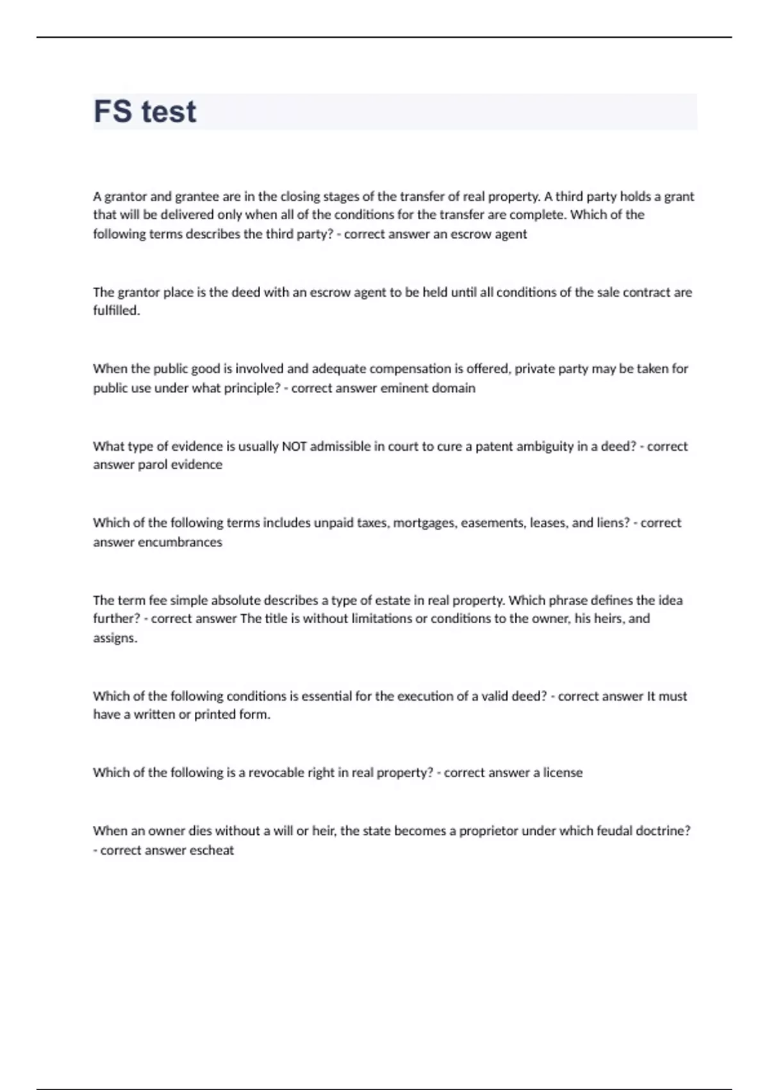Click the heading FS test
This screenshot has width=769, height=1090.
tap(145, 112)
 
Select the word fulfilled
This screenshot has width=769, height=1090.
tap(116, 311)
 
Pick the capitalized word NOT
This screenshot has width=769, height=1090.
tap(294, 447)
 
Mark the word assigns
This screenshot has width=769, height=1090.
tap(115, 639)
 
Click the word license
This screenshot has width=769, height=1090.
tap(563, 773)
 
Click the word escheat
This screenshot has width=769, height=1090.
tap(211, 851)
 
